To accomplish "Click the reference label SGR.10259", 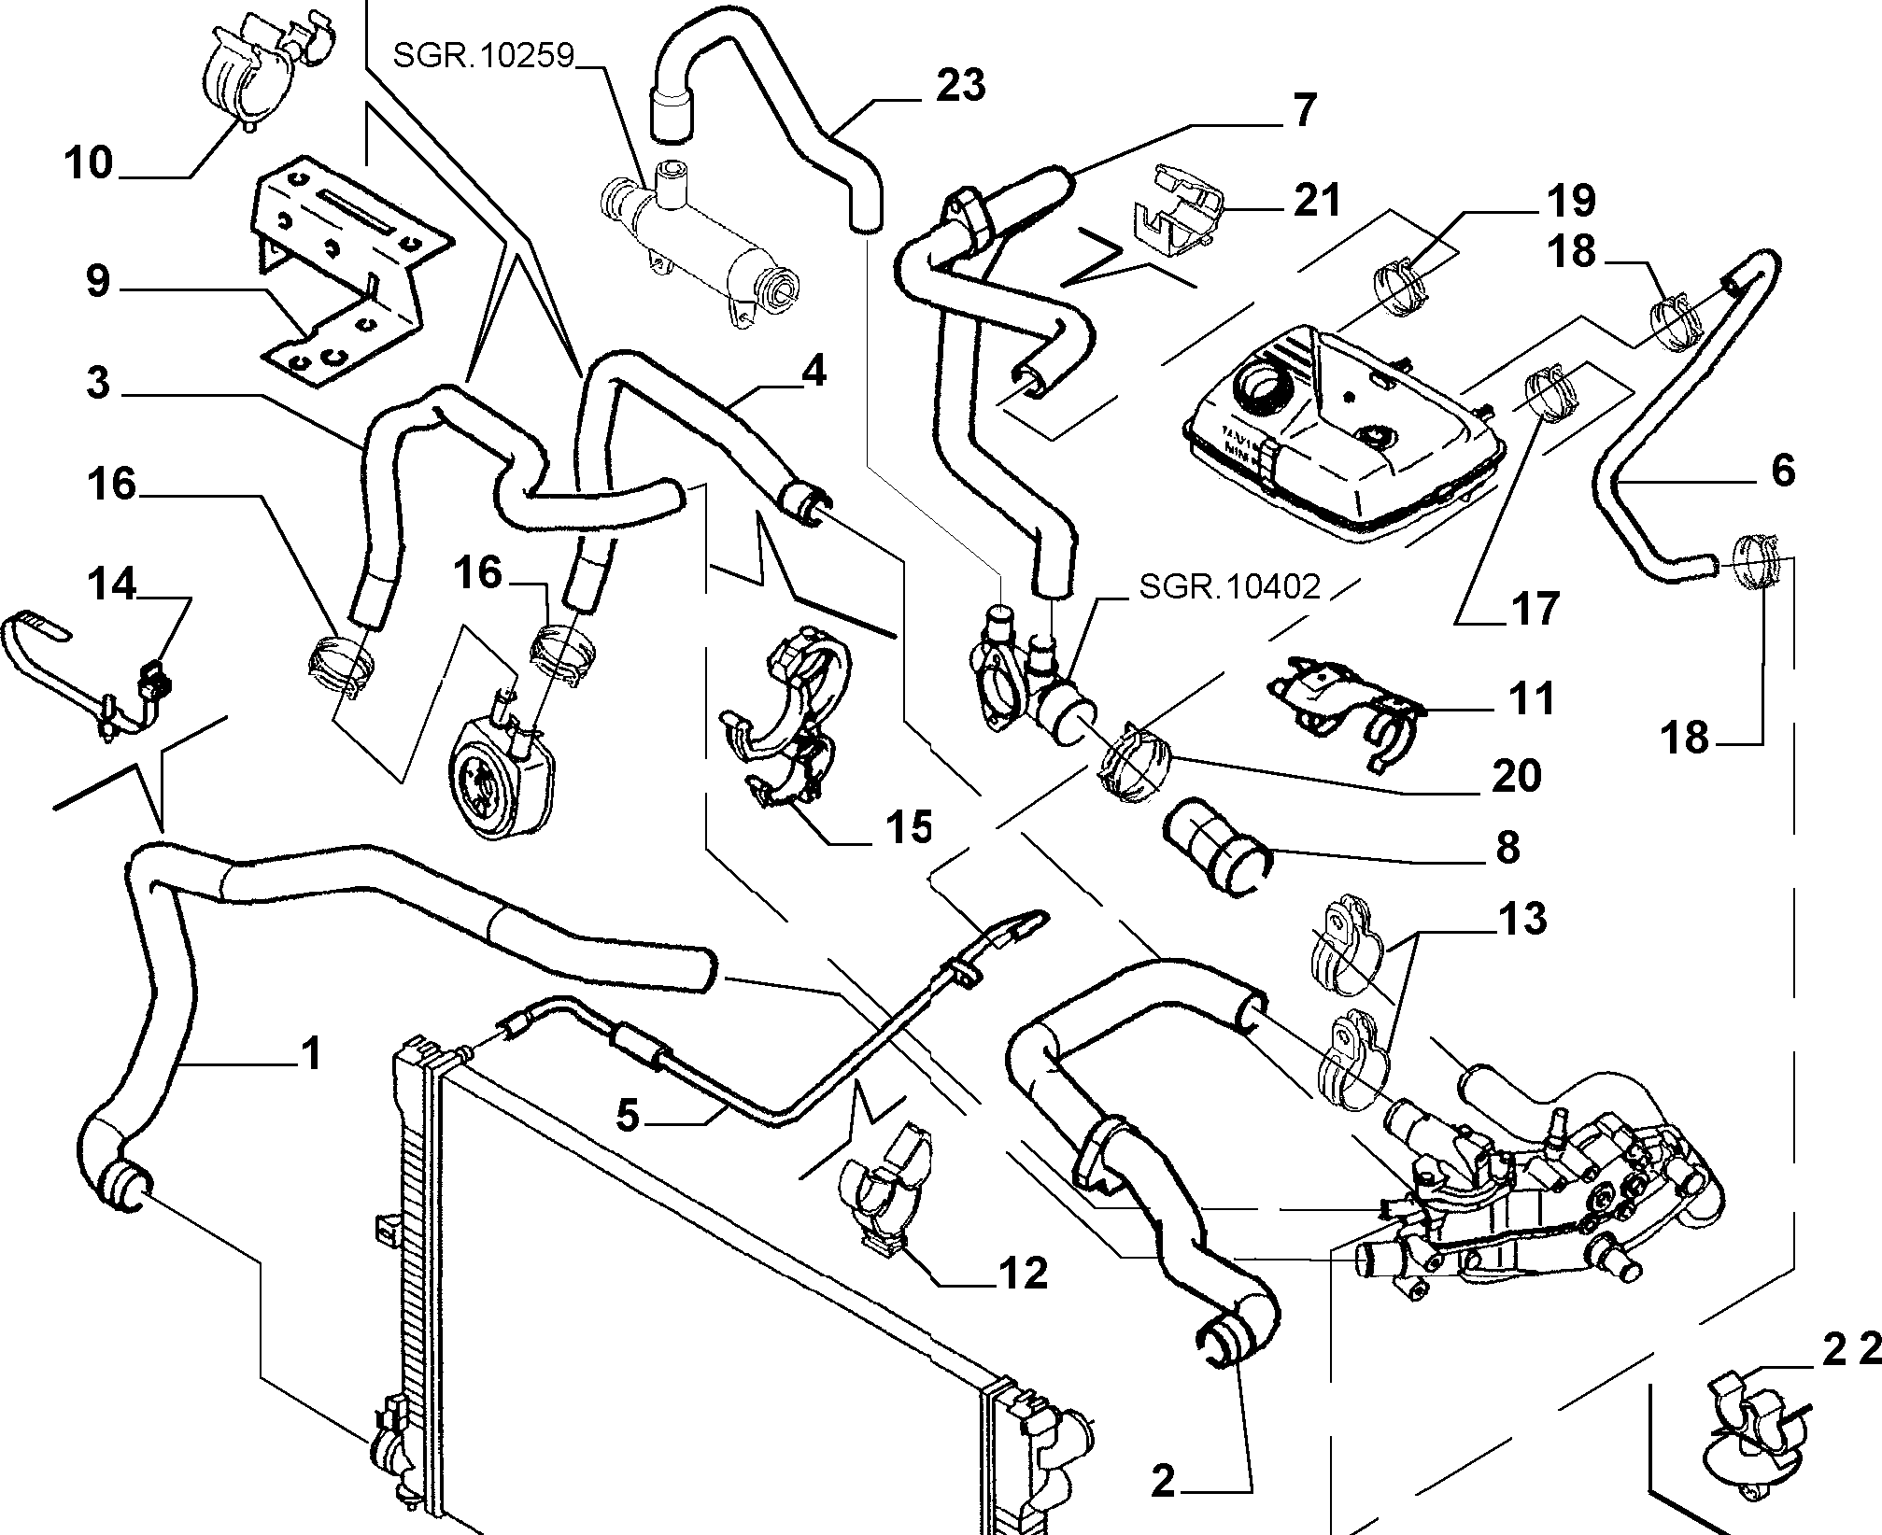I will [482, 55].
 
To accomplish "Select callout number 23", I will [959, 86].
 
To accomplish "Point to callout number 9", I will [98, 281].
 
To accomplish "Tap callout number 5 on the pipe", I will [629, 1116].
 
